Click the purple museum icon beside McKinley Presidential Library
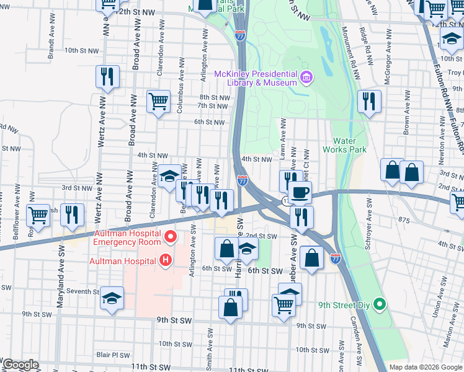point(306,77)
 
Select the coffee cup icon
point(300,193)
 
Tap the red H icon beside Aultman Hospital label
point(165,260)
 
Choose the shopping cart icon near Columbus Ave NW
point(158,100)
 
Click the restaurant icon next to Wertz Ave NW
point(107,77)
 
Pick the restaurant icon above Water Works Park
point(370,101)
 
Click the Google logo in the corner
point(20,365)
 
